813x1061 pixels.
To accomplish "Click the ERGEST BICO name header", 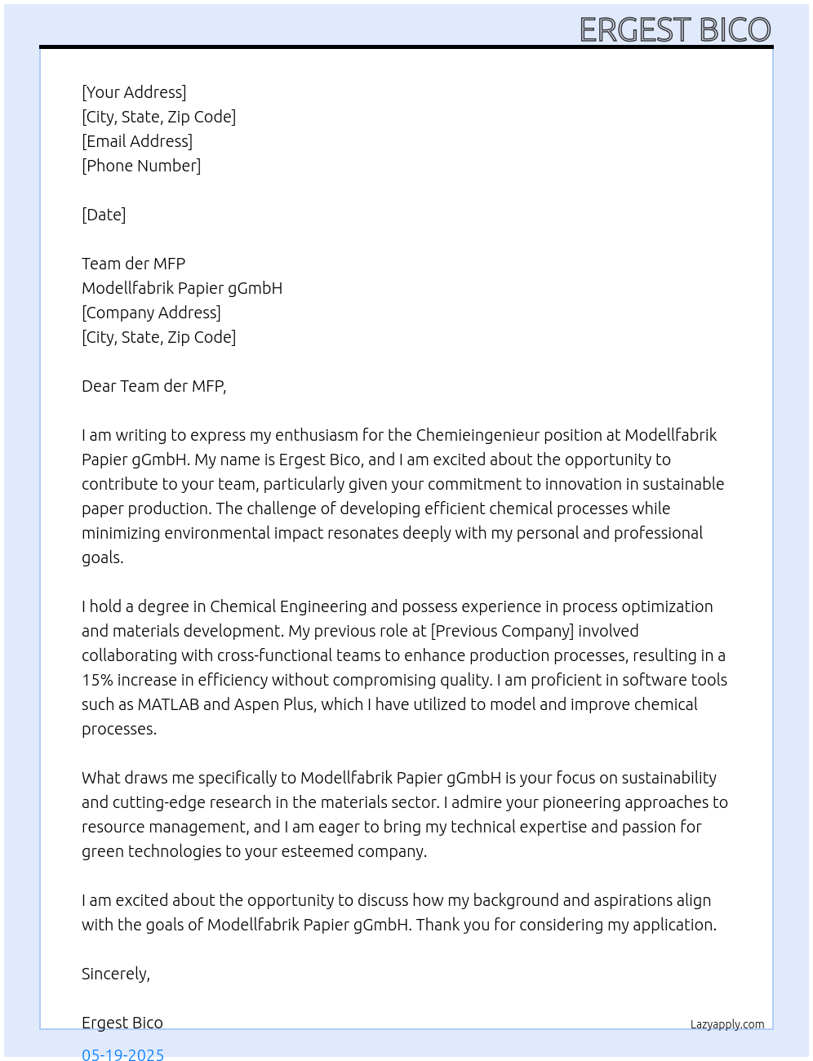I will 674,30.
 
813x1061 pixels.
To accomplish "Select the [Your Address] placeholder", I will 134,92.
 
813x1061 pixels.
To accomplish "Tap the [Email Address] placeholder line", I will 137,141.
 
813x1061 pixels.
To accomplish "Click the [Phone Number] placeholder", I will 141,166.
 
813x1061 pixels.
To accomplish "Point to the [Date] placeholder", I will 104,215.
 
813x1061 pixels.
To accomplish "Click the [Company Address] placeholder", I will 151,313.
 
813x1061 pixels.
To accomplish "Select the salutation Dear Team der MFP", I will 153,386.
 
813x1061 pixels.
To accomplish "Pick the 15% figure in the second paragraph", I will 97,680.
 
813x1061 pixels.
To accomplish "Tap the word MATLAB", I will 168,704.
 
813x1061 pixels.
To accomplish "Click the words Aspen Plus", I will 274,704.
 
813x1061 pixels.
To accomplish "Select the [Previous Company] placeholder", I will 502,631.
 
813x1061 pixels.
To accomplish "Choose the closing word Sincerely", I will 115,974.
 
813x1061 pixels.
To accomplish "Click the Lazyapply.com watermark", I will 727,1024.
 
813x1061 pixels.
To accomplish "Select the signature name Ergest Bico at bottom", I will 122,1023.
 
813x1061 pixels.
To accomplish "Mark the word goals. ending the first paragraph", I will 103,558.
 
